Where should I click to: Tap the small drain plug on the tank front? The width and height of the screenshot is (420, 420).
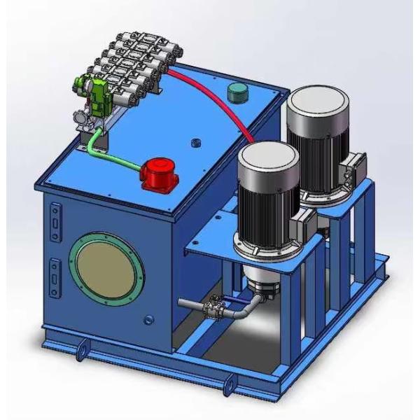(x=147, y=321)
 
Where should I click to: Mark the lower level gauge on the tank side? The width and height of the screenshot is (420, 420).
(x=55, y=272)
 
